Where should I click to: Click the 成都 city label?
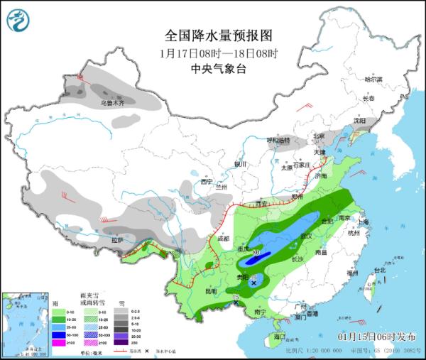click(x=224, y=239)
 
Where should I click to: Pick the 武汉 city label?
click(x=307, y=235)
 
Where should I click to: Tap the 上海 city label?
click(x=364, y=222)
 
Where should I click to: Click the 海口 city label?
click(x=280, y=335)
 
